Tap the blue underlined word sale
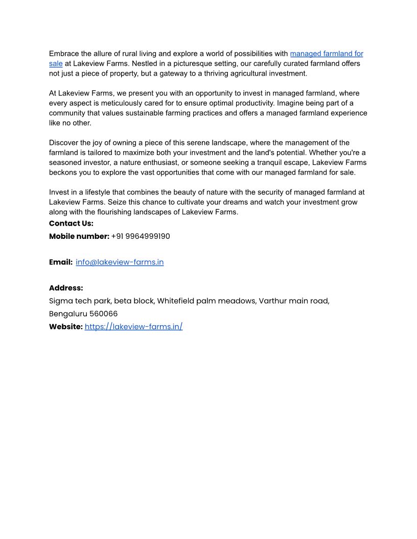(56, 64)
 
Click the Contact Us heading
(71, 224)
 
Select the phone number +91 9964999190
(141, 236)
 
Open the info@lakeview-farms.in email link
(120, 262)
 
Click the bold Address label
(66, 288)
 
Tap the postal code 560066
(103, 314)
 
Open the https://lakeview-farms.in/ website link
(133, 327)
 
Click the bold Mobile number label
(79, 236)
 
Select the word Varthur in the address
(273, 301)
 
